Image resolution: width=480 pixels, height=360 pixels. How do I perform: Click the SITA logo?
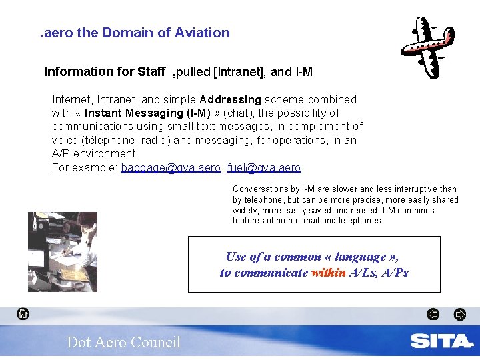[x=441, y=341]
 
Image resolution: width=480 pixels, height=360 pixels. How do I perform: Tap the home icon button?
[x=23, y=314]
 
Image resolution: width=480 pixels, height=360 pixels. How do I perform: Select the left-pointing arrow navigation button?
[x=433, y=314]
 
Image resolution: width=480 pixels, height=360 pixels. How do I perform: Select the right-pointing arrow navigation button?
[x=460, y=314]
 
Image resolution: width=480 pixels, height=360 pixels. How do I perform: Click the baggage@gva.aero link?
[x=171, y=168]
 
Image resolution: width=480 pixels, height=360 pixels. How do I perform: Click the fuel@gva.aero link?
[x=264, y=168]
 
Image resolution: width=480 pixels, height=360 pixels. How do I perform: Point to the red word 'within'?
[x=329, y=273]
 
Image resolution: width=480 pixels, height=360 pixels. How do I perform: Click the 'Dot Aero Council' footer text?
[x=123, y=342]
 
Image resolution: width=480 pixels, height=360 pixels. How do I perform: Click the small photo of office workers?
[x=62, y=252]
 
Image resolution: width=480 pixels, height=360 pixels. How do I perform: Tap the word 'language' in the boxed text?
[x=361, y=257]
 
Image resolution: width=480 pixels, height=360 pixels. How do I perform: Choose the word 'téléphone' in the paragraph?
[x=106, y=141]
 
